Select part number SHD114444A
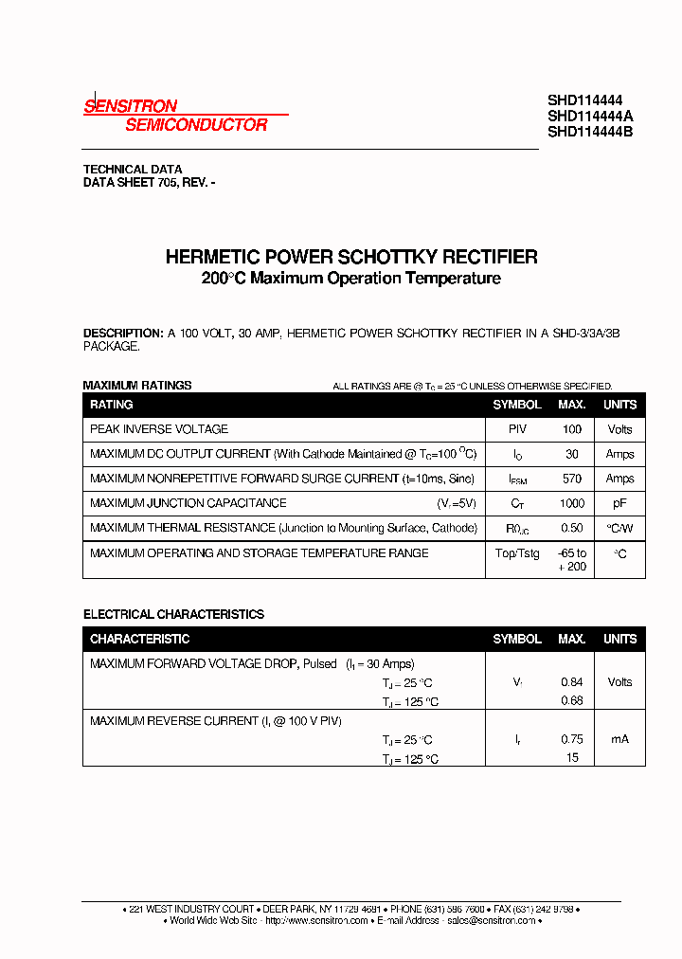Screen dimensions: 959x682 [x=590, y=116]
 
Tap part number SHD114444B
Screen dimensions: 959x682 [x=590, y=132]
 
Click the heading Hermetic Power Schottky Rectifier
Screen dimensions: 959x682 [x=351, y=257]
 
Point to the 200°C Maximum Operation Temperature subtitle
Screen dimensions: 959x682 [x=350, y=279]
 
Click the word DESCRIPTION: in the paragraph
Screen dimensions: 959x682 [x=123, y=334]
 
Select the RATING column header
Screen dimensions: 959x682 [x=112, y=405]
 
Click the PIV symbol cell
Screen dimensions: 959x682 [x=517, y=429]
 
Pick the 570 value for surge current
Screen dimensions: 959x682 [x=571, y=479]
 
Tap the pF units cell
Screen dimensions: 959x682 [x=619, y=503]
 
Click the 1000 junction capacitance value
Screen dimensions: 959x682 [x=571, y=503]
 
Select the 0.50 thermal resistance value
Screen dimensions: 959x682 [x=571, y=528]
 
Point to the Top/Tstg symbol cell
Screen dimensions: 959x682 [x=517, y=553]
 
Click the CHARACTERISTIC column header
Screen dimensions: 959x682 [x=140, y=639]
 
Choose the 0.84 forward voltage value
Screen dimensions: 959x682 [x=571, y=682]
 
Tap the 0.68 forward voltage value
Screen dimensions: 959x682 [x=571, y=701]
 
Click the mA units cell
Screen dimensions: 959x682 [x=619, y=739]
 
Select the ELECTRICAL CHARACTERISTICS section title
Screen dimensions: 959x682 [x=173, y=614]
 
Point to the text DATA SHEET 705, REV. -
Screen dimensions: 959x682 [x=149, y=182]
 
